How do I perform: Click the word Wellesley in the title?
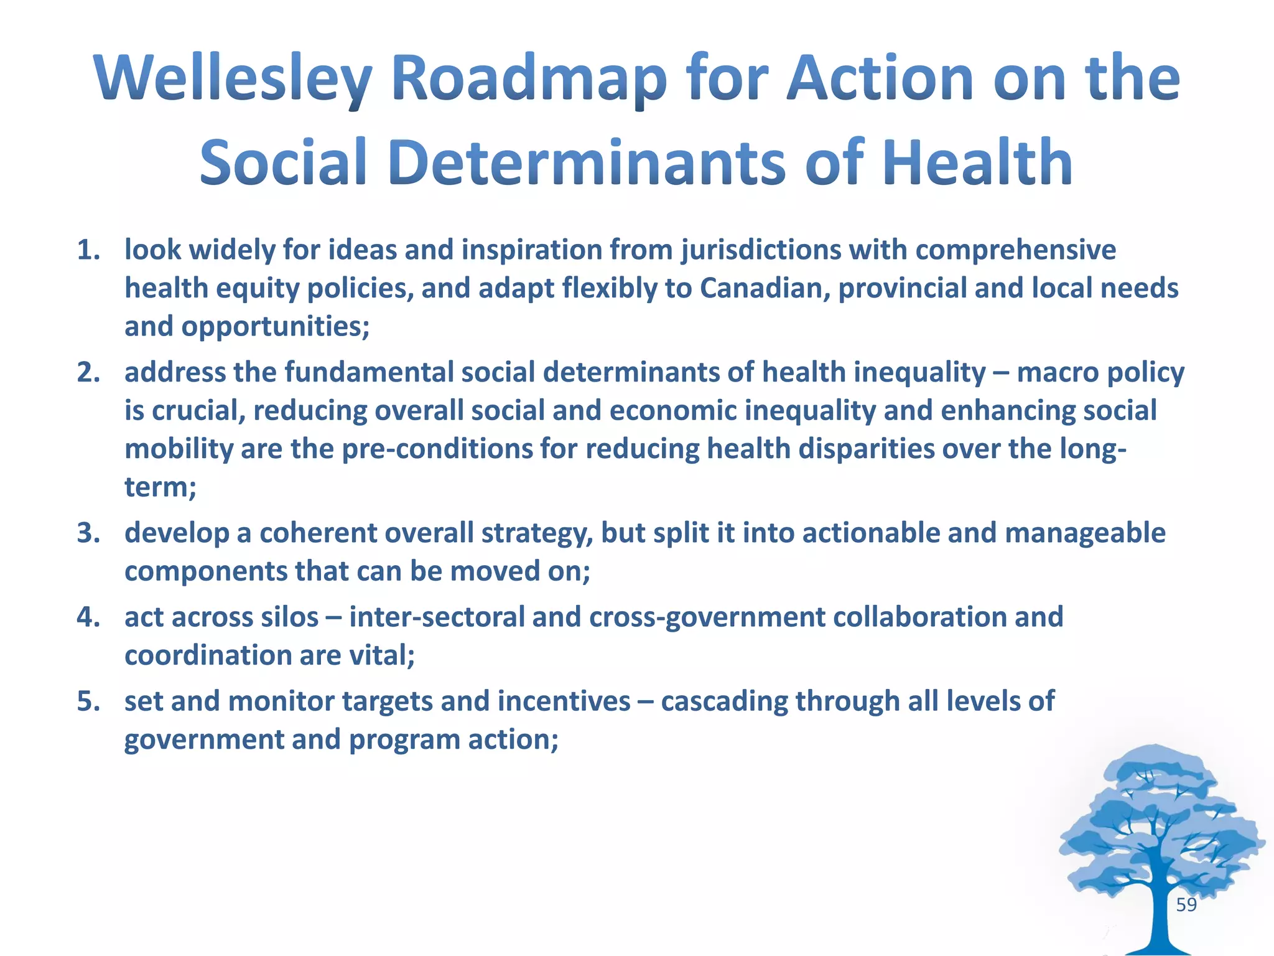pyautogui.click(x=233, y=79)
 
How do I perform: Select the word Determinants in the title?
pyautogui.click(x=587, y=162)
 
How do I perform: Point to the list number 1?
pyautogui.click(x=88, y=250)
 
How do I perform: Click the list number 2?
pyautogui.click(x=88, y=373)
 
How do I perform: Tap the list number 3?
pyautogui.click(x=88, y=533)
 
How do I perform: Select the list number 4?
pyautogui.click(x=88, y=617)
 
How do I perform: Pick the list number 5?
pyautogui.click(x=88, y=701)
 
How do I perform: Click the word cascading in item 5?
pyautogui.click(x=723, y=701)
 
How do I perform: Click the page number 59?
pyautogui.click(x=1186, y=905)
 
